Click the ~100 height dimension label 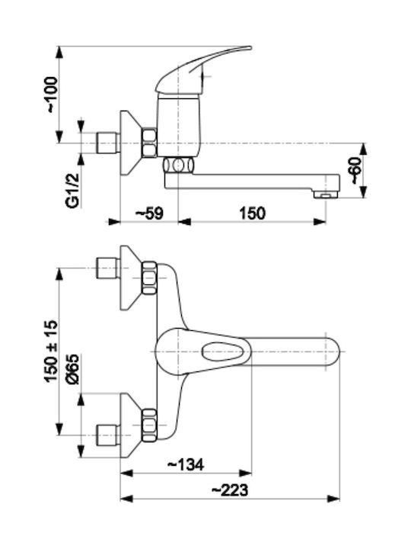point(52,95)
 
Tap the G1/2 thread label point(74,191)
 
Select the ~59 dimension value point(149,213)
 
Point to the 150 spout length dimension point(253,213)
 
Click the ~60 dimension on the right point(355,170)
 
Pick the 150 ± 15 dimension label point(51,351)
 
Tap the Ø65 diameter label point(74,369)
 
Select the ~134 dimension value point(186,464)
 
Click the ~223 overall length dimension point(230,490)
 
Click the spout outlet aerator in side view point(327,194)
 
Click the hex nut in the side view point(150,143)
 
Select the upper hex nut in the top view point(150,278)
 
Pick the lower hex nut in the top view point(150,425)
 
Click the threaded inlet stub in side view point(107,143)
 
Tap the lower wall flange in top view point(131,425)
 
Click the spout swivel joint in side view point(178,165)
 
